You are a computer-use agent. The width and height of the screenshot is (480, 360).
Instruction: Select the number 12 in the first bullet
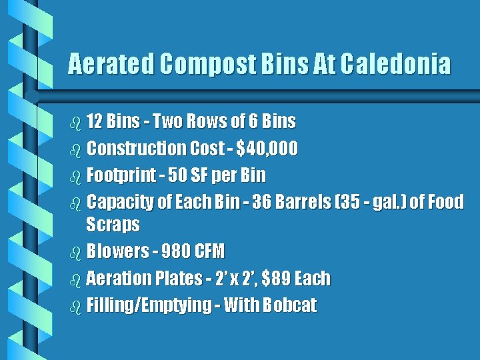(x=94, y=121)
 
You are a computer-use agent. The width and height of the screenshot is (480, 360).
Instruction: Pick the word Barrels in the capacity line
(x=310, y=201)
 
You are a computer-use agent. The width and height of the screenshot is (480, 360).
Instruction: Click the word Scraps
(x=113, y=224)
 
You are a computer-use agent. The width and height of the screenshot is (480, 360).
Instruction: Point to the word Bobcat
(x=290, y=305)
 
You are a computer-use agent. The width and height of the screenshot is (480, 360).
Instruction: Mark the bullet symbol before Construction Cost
(x=74, y=149)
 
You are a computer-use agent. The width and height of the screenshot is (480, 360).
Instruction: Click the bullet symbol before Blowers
(x=74, y=252)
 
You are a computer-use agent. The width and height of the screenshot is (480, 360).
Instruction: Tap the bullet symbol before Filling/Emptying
(x=74, y=306)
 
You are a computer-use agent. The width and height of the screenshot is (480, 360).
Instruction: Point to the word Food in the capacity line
(x=445, y=201)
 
